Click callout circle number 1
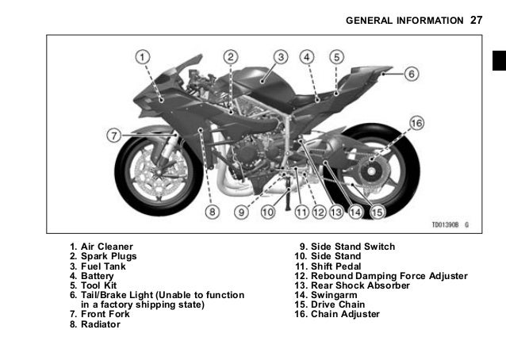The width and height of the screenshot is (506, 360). [141, 57]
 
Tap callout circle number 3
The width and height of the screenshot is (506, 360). [281, 57]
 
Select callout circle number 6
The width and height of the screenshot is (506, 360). [411, 74]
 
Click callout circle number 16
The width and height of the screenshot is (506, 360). [416, 123]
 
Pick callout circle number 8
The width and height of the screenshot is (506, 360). [213, 212]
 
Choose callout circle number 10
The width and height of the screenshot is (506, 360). [267, 212]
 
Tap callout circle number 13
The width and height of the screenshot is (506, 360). [335, 212]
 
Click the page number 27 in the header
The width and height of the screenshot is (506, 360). [476, 19]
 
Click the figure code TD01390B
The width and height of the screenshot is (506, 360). [447, 225]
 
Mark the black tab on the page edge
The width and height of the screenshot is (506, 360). [498, 60]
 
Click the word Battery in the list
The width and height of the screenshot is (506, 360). [98, 276]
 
